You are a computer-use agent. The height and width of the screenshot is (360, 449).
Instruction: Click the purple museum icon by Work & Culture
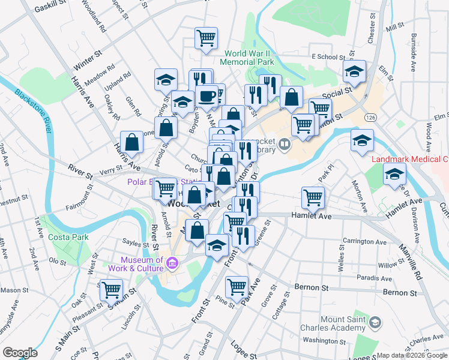[172, 263]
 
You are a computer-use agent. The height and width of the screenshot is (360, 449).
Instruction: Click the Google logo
[19, 353]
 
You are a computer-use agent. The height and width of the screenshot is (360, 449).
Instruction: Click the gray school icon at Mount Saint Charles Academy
[375, 323]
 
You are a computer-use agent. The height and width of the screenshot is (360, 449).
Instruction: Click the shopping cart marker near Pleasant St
[112, 290]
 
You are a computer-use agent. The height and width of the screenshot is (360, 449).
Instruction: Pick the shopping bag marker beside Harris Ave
[132, 142]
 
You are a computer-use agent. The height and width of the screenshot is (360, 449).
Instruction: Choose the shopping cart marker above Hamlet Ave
[313, 196]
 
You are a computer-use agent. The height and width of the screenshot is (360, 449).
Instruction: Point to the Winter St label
[88, 61]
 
